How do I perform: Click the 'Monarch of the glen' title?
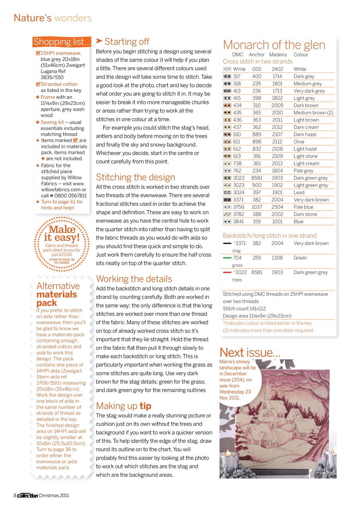(274, 45)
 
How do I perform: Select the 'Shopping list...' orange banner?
(62, 42)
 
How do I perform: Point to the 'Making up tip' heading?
(124, 406)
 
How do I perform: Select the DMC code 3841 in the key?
(239, 221)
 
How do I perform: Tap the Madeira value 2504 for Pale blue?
(277, 207)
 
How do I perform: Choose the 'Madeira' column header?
(278, 54)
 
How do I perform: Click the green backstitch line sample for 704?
(228, 258)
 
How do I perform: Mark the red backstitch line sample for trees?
(228, 272)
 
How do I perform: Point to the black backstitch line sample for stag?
(228, 243)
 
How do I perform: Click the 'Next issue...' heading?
(250, 352)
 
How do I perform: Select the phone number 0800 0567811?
(71, 196)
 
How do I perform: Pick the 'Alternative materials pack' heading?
(58, 294)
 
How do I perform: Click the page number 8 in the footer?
(15, 495)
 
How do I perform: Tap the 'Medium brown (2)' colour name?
(313, 113)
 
